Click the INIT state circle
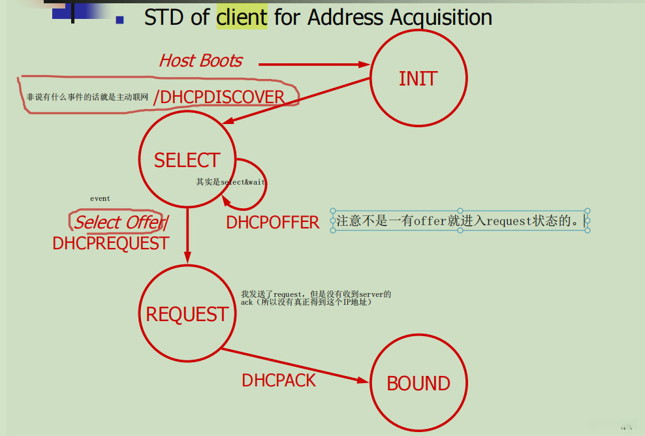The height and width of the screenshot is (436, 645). (x=418, y=78)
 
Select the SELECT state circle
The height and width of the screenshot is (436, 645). (x=187, y=160)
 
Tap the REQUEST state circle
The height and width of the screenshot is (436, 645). (x=187, y=314)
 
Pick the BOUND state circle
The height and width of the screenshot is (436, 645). (x=418, y=383)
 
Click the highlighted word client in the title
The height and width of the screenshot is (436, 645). (x=242, y=17)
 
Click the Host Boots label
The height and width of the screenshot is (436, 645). (x=200, y=61)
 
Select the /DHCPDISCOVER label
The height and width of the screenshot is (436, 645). (x=219, y=97)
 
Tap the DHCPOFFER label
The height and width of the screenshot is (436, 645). (x=272, y=223)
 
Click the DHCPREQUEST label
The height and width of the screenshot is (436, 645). (x=110, y=243)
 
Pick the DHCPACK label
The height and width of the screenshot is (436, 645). (x=279, y=381)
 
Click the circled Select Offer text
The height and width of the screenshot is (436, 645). (x=118, y=222)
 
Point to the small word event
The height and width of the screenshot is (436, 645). (x=100, y=198)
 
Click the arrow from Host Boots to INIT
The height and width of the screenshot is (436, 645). (x=313, y=64)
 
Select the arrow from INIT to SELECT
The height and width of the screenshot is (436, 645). (x=297, y=102)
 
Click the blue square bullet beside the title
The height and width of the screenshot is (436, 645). (x=119, y=20)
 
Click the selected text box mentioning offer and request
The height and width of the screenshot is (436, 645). (x=460, y=221)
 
